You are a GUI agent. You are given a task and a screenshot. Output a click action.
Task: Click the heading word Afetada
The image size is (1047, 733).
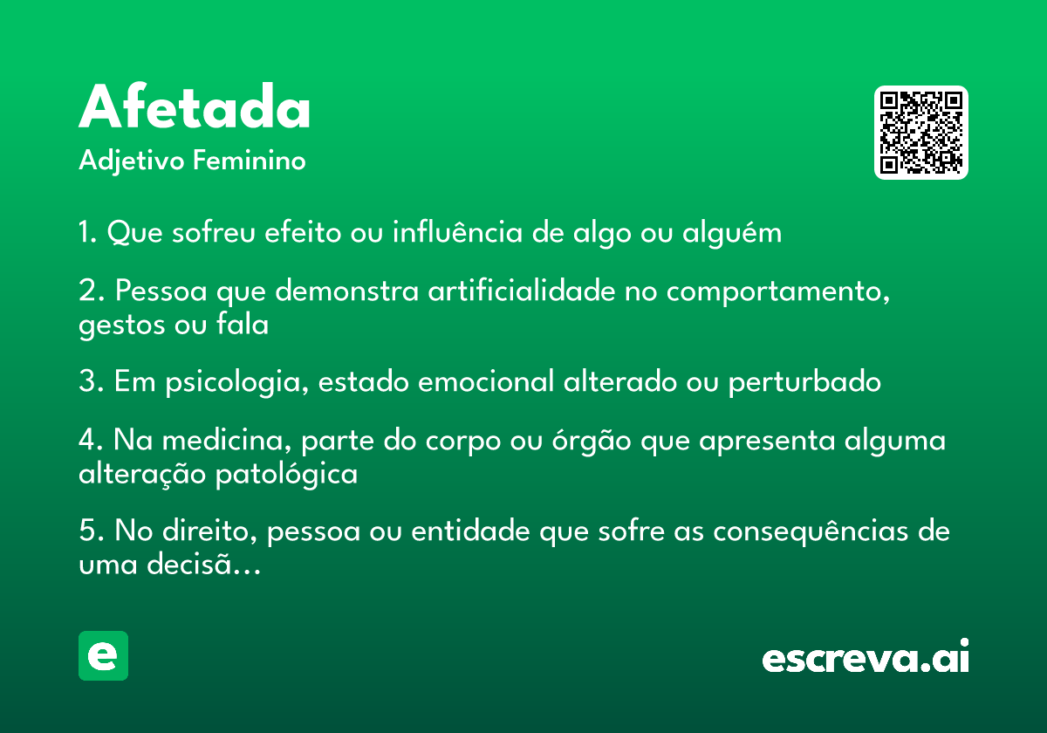[x=194, y=106]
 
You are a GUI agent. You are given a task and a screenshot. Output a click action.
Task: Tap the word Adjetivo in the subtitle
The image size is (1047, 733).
[x=132, y=161]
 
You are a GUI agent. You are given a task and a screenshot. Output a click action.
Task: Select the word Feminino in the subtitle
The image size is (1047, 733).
[x=250, y=160]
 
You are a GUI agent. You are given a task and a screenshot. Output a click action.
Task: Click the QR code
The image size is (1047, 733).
[x=920, y=133]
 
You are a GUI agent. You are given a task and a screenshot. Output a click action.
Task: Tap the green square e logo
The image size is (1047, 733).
[x=103, y=655]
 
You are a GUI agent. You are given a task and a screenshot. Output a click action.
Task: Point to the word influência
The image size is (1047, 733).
[x=457, y=231]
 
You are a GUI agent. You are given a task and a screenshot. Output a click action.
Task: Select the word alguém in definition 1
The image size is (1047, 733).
[x=731, y=232]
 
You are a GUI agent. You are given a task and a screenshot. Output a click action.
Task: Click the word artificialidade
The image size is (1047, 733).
[x=522, y=290]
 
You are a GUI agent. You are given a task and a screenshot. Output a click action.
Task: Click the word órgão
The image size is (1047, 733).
[x=592, y=441]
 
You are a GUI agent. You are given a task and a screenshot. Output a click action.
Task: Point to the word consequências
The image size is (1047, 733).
[x=811, y=532]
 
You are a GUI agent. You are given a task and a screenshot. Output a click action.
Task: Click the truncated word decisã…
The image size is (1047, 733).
[x=204, y=564]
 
